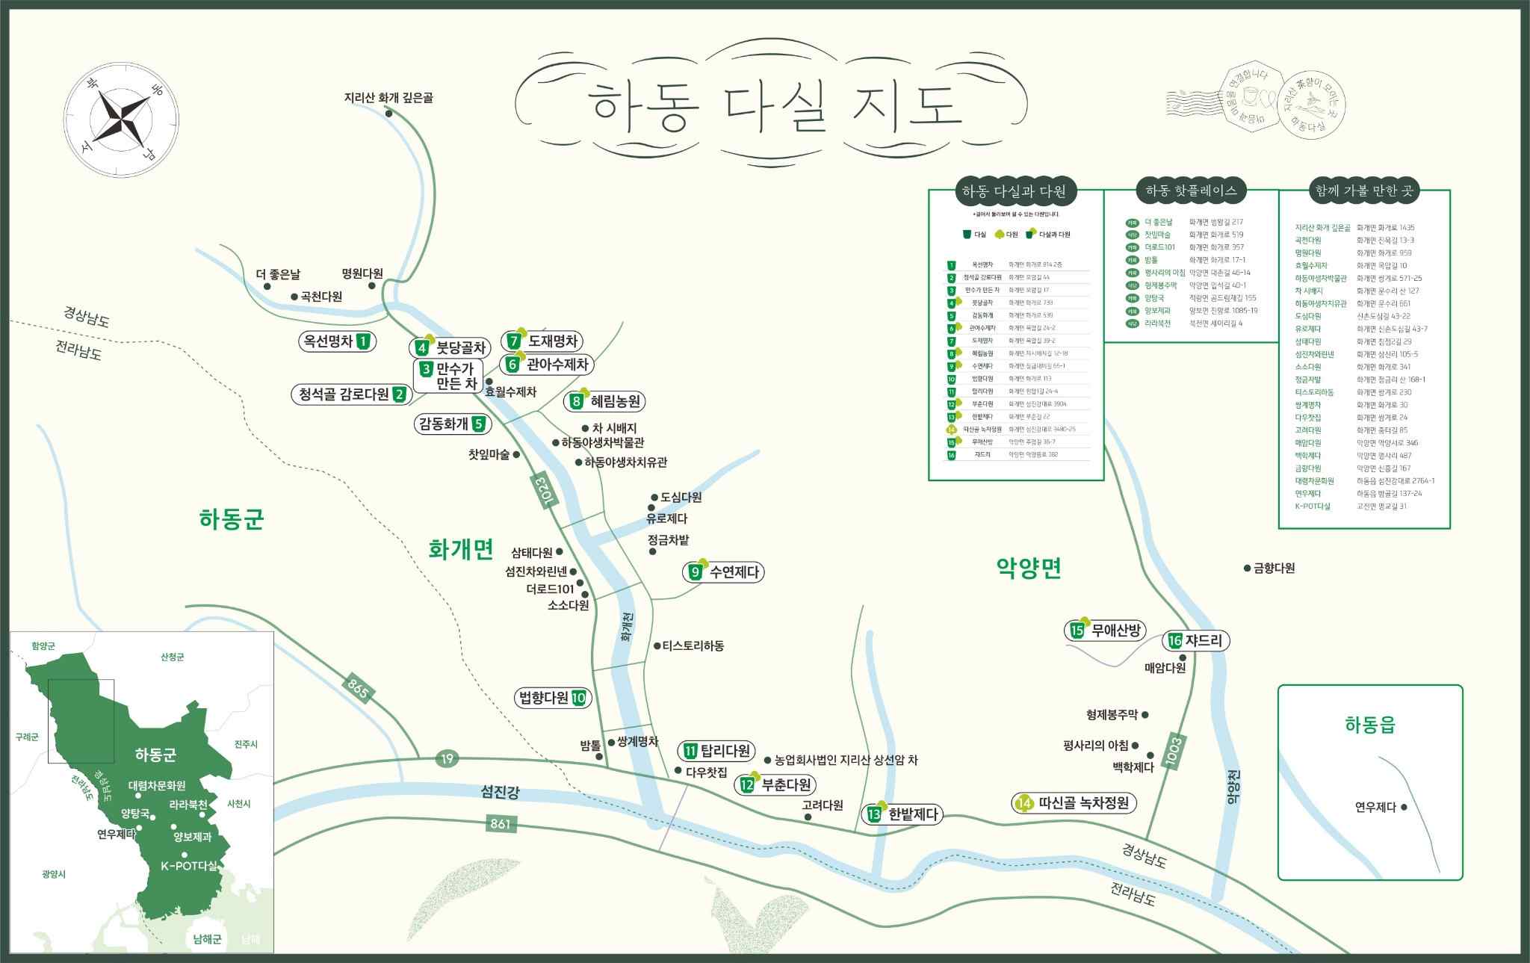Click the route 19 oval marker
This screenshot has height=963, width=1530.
click(x=447, y=759)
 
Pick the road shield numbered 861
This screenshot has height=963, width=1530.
click(x=501, y=824)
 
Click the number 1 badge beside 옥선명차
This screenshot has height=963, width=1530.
click(x=364, y=341)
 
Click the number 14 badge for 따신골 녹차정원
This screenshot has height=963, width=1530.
click(x=1024, y=803)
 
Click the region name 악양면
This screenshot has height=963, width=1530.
click(x=1029, y=569)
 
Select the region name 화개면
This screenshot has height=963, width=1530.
click(x=461, y=549)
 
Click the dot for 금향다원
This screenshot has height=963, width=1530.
click(x=1247, y=569)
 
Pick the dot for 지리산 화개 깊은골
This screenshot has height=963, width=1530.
click(x=389, y=114)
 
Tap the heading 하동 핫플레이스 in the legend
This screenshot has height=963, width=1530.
click(x=1191, y=191)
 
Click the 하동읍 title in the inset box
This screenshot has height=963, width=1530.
click(x=1369, y=724)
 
